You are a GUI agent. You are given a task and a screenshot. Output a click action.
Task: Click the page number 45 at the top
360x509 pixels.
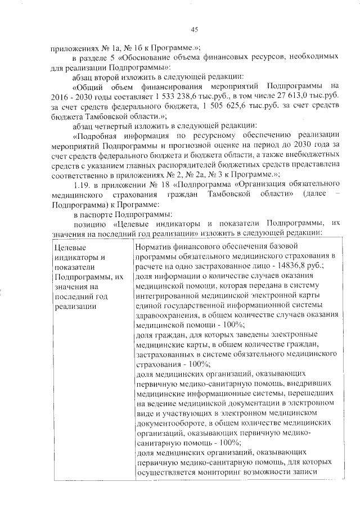[195, 29]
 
